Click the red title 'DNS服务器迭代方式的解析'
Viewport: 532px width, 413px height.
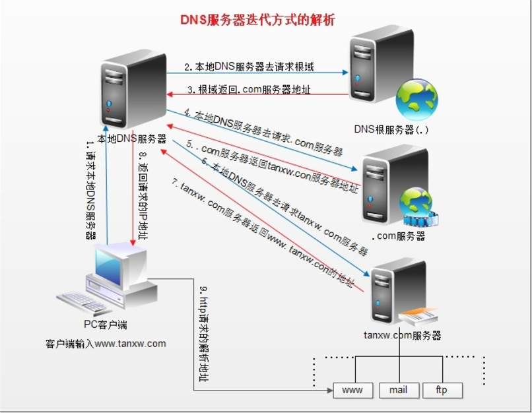(x=258, y=20)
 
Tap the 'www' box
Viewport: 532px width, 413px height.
(x=352, y=390)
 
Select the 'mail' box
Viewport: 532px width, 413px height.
(x=398, y=390)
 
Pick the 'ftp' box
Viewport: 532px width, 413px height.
(x=442, y=390)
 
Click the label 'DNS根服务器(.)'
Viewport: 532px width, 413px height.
(x=391, y=129)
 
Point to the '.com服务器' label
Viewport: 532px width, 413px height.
(x=398, y=236)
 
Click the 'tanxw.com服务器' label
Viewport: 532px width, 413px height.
(x=402, y=335)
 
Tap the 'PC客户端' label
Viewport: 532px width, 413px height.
(x=105, y=325)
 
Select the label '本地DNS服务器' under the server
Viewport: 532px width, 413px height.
(x=131, y=139)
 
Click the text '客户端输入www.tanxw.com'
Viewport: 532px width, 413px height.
(x=106, y=344)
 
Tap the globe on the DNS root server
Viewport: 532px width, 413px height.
(x=417, y=100)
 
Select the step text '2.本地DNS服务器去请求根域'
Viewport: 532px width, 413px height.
(x=249, y=67)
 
